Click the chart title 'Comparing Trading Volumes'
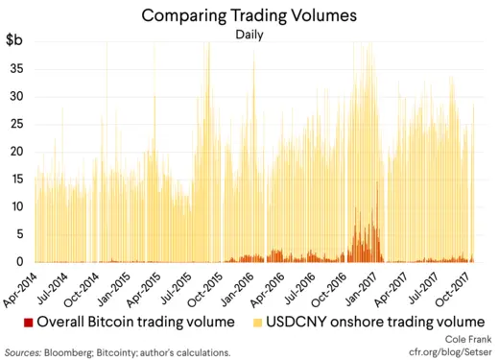click(249, 15)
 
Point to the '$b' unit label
click(16, 40)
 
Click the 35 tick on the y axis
click(16, 69)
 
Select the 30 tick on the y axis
click(16, 97)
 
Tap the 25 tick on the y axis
click(16, 125)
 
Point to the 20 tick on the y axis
click(16, 152)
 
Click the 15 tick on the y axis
click(16, 180)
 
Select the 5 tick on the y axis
click(19, 234)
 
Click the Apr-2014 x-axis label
click(21, 286)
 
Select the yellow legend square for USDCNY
click(257, 321)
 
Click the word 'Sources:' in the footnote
click(26, 353)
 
